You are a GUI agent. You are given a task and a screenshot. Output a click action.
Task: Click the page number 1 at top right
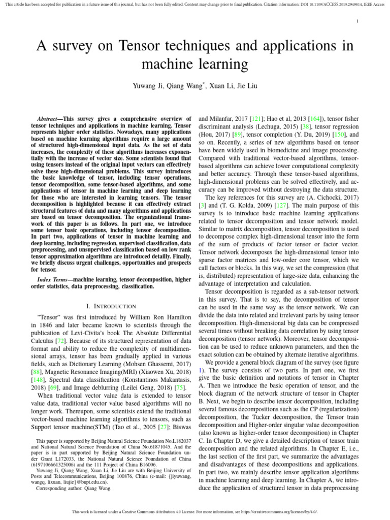point(358,21)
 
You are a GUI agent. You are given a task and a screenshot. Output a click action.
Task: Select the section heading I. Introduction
point(112,306)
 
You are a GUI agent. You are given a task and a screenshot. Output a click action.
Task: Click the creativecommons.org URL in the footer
point(282,511)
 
